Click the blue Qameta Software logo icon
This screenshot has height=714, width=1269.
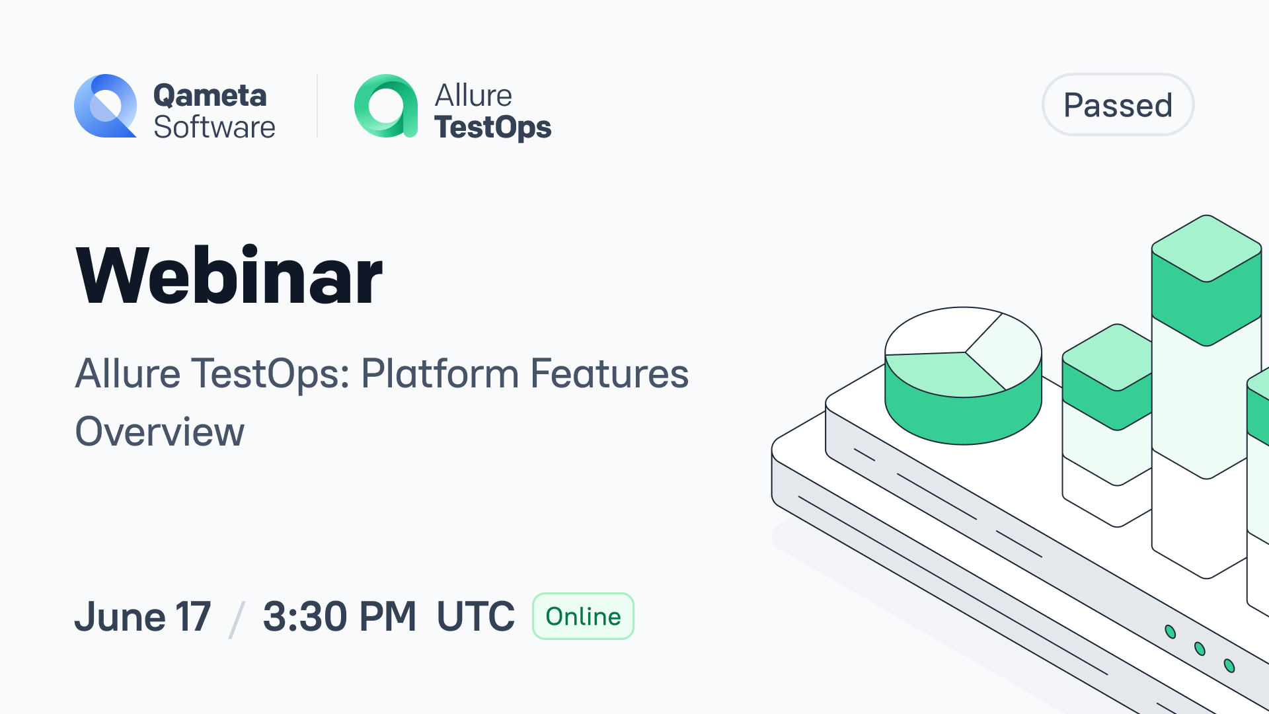[x=106, y=106]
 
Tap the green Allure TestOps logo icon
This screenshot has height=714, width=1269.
[x=386, y=106]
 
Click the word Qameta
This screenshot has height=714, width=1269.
[x=210, y=95]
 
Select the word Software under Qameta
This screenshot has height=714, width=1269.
[x=214, y=127]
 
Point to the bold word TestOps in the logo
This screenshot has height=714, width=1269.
[x=492, y=127]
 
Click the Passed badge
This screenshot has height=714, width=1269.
[x=1118, y=104]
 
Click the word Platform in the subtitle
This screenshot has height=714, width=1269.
[x=440, y=374]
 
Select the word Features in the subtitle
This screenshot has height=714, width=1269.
[x=609, y=374]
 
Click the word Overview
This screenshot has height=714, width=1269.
[x=160, y=432]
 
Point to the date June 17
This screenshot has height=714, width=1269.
[x=143, y=616]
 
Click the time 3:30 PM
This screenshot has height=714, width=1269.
[x=340, y=616]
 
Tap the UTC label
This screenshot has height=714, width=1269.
[x=475, y=616]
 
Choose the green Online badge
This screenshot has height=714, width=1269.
[x=583, y=616]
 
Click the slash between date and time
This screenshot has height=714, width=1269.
[x=237, y=619]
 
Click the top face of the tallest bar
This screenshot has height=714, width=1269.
[x=1207, y=249]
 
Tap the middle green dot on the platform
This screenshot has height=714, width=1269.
[x=1200, y=649]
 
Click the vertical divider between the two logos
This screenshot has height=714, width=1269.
[x=317, y=106]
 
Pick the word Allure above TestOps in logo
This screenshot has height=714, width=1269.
[x=473, y=95]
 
